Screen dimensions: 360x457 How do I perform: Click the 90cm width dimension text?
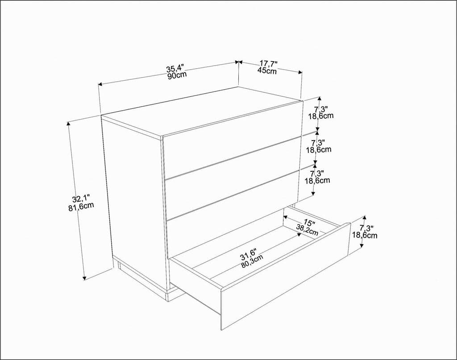coord(177,75)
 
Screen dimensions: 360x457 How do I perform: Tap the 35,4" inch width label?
coord(175,68)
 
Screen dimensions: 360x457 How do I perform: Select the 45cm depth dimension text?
coord(267,70)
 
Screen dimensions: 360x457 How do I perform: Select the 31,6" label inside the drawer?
coord(250,256)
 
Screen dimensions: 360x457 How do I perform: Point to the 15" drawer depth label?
coord(309,223)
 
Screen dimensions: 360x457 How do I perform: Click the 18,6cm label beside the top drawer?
coord(321,116)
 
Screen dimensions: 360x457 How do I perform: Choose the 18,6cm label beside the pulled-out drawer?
coord(365,235)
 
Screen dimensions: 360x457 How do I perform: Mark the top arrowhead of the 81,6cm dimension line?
coord(68,124)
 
